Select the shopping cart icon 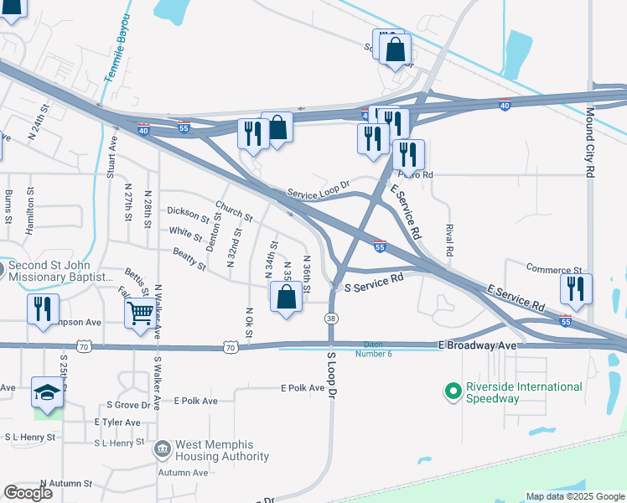[x=141, y=314]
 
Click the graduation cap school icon [x=47, y=392]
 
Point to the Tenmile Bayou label [x=118, y=49]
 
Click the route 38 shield [x=332, y=319]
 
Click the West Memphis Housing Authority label [x=222, y=451]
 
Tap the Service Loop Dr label [x=318, y=189]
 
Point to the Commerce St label [x=554, y=268]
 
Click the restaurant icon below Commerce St [x=576, y=289]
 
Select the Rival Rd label [x=449, y=240]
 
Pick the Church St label [x=233, y=211]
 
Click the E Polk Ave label [x=303, y=388]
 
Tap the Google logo [x=28, y=493]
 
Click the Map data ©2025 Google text [x=574, y=497]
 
